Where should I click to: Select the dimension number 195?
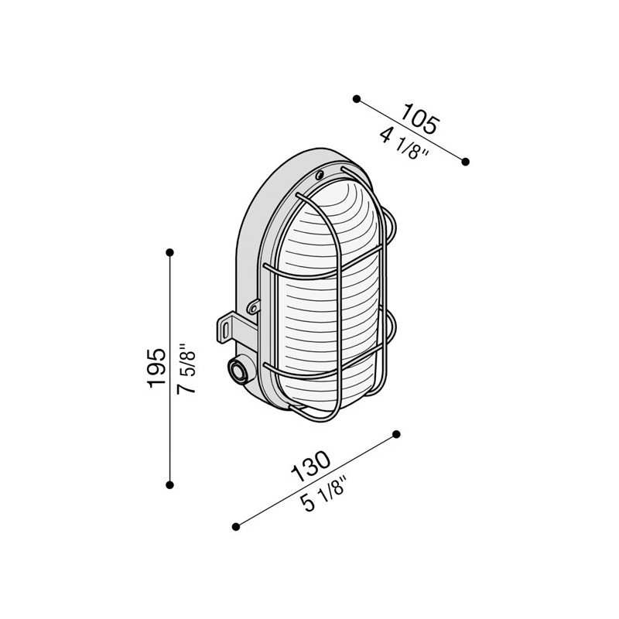(156, 368)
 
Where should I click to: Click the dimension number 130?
(311, 467)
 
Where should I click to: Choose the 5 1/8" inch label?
(323, 494)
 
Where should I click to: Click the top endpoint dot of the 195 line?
(170, 252)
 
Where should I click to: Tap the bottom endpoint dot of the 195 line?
(170, 485)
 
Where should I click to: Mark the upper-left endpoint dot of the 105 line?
(357, 99)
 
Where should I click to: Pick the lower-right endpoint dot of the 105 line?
(466, 162)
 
